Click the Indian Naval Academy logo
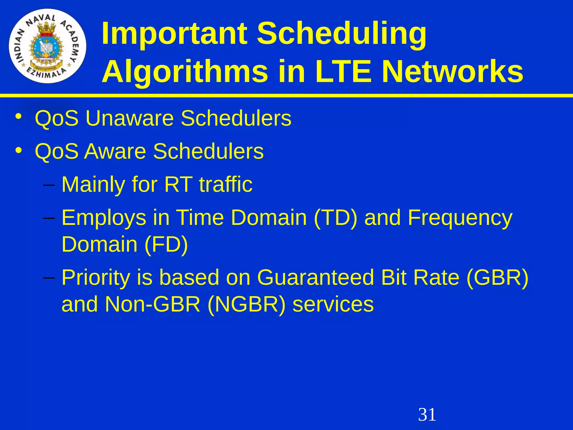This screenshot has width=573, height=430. [48, 46]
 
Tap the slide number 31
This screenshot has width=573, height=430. [427, 415]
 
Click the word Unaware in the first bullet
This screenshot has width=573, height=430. [130, 118]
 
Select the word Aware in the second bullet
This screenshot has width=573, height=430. [115, 151]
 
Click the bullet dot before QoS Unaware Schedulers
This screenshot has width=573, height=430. [18, 117]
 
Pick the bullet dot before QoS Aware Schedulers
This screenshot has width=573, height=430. [18, 150]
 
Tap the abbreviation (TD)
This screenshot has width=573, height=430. [336, 218]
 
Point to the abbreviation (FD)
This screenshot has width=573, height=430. [166, 244]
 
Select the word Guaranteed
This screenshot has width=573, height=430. [315, 277]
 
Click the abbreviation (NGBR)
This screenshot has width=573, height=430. [246, 304]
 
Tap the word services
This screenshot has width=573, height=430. [333, 304]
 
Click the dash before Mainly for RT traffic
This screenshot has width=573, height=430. [49, 185]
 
